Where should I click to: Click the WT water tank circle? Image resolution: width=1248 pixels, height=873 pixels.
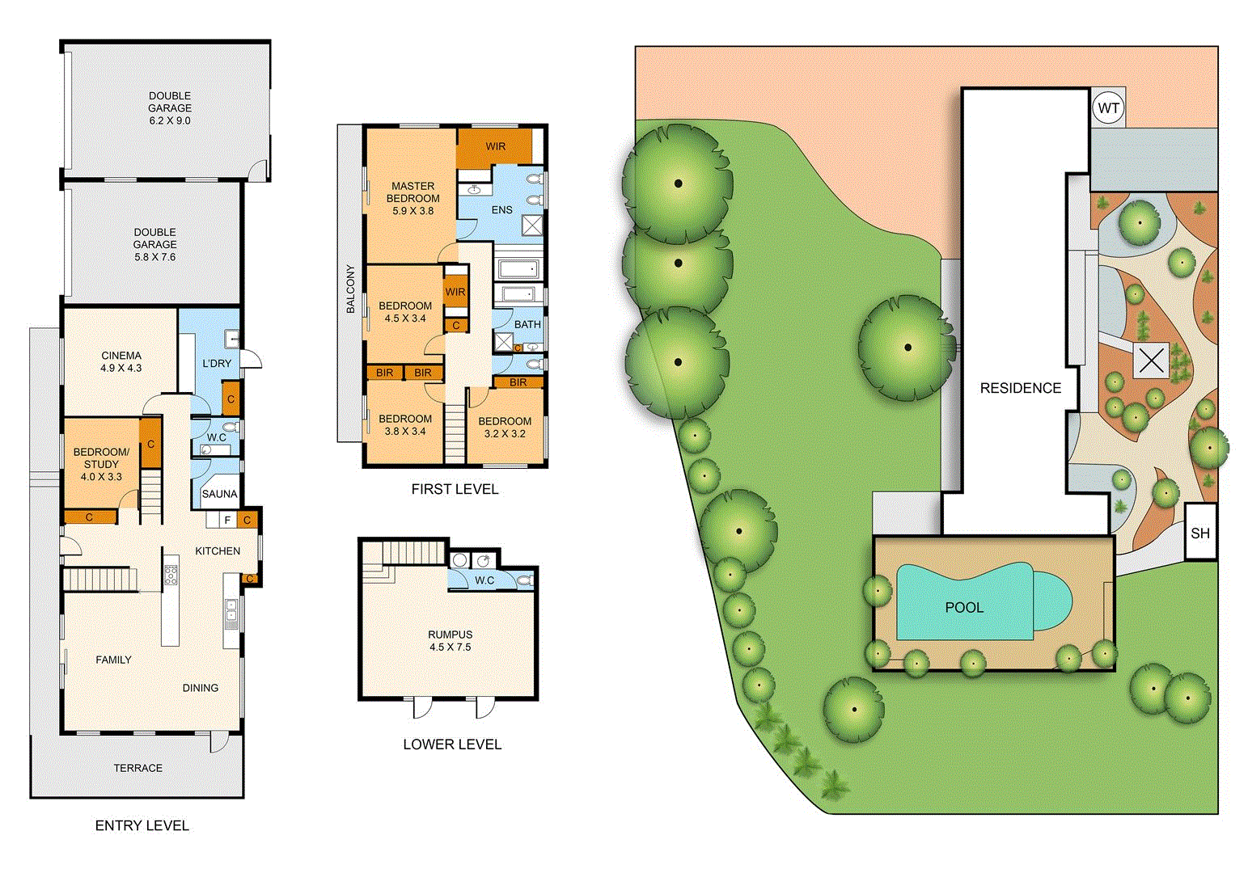1108,108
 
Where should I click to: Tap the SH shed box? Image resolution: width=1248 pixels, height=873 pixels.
1200,533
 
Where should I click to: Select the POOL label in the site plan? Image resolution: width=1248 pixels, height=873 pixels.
964,607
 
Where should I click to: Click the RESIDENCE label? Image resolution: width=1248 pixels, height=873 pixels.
1020,388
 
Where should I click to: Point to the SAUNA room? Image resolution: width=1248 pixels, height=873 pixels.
219,494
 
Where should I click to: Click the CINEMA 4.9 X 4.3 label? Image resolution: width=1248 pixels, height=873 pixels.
121,361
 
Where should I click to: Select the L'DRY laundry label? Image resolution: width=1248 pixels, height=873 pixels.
216,363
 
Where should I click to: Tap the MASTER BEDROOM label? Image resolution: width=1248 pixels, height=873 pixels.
413,198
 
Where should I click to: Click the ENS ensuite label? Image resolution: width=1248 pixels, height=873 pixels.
501,209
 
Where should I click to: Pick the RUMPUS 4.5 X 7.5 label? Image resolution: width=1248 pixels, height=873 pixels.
450,640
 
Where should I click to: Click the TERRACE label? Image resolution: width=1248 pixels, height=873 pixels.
137,768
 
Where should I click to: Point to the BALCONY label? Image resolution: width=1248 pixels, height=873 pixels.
350,289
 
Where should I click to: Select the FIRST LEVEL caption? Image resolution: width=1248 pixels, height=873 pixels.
455,489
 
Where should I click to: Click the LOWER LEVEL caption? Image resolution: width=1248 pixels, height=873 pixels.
452,744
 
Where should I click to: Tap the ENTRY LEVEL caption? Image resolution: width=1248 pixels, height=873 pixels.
142,825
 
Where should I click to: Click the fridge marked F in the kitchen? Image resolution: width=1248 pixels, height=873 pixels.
227,520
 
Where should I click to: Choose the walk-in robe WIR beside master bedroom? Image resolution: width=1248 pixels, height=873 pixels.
495,146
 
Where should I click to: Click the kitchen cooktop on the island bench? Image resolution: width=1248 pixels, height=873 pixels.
171,575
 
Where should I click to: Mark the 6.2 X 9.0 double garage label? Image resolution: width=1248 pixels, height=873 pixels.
170,108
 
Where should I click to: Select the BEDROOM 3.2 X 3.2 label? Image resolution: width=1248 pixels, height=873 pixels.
505,427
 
